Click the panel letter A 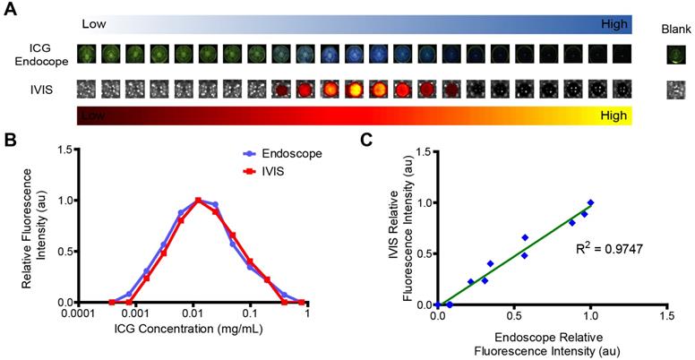click(x=8, y=8)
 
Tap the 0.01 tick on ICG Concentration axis click(x=193, y=316)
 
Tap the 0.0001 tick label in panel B click(x=81, y=316)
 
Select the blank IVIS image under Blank click(x=677, y=89)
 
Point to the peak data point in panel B click(x=197, y=200)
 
